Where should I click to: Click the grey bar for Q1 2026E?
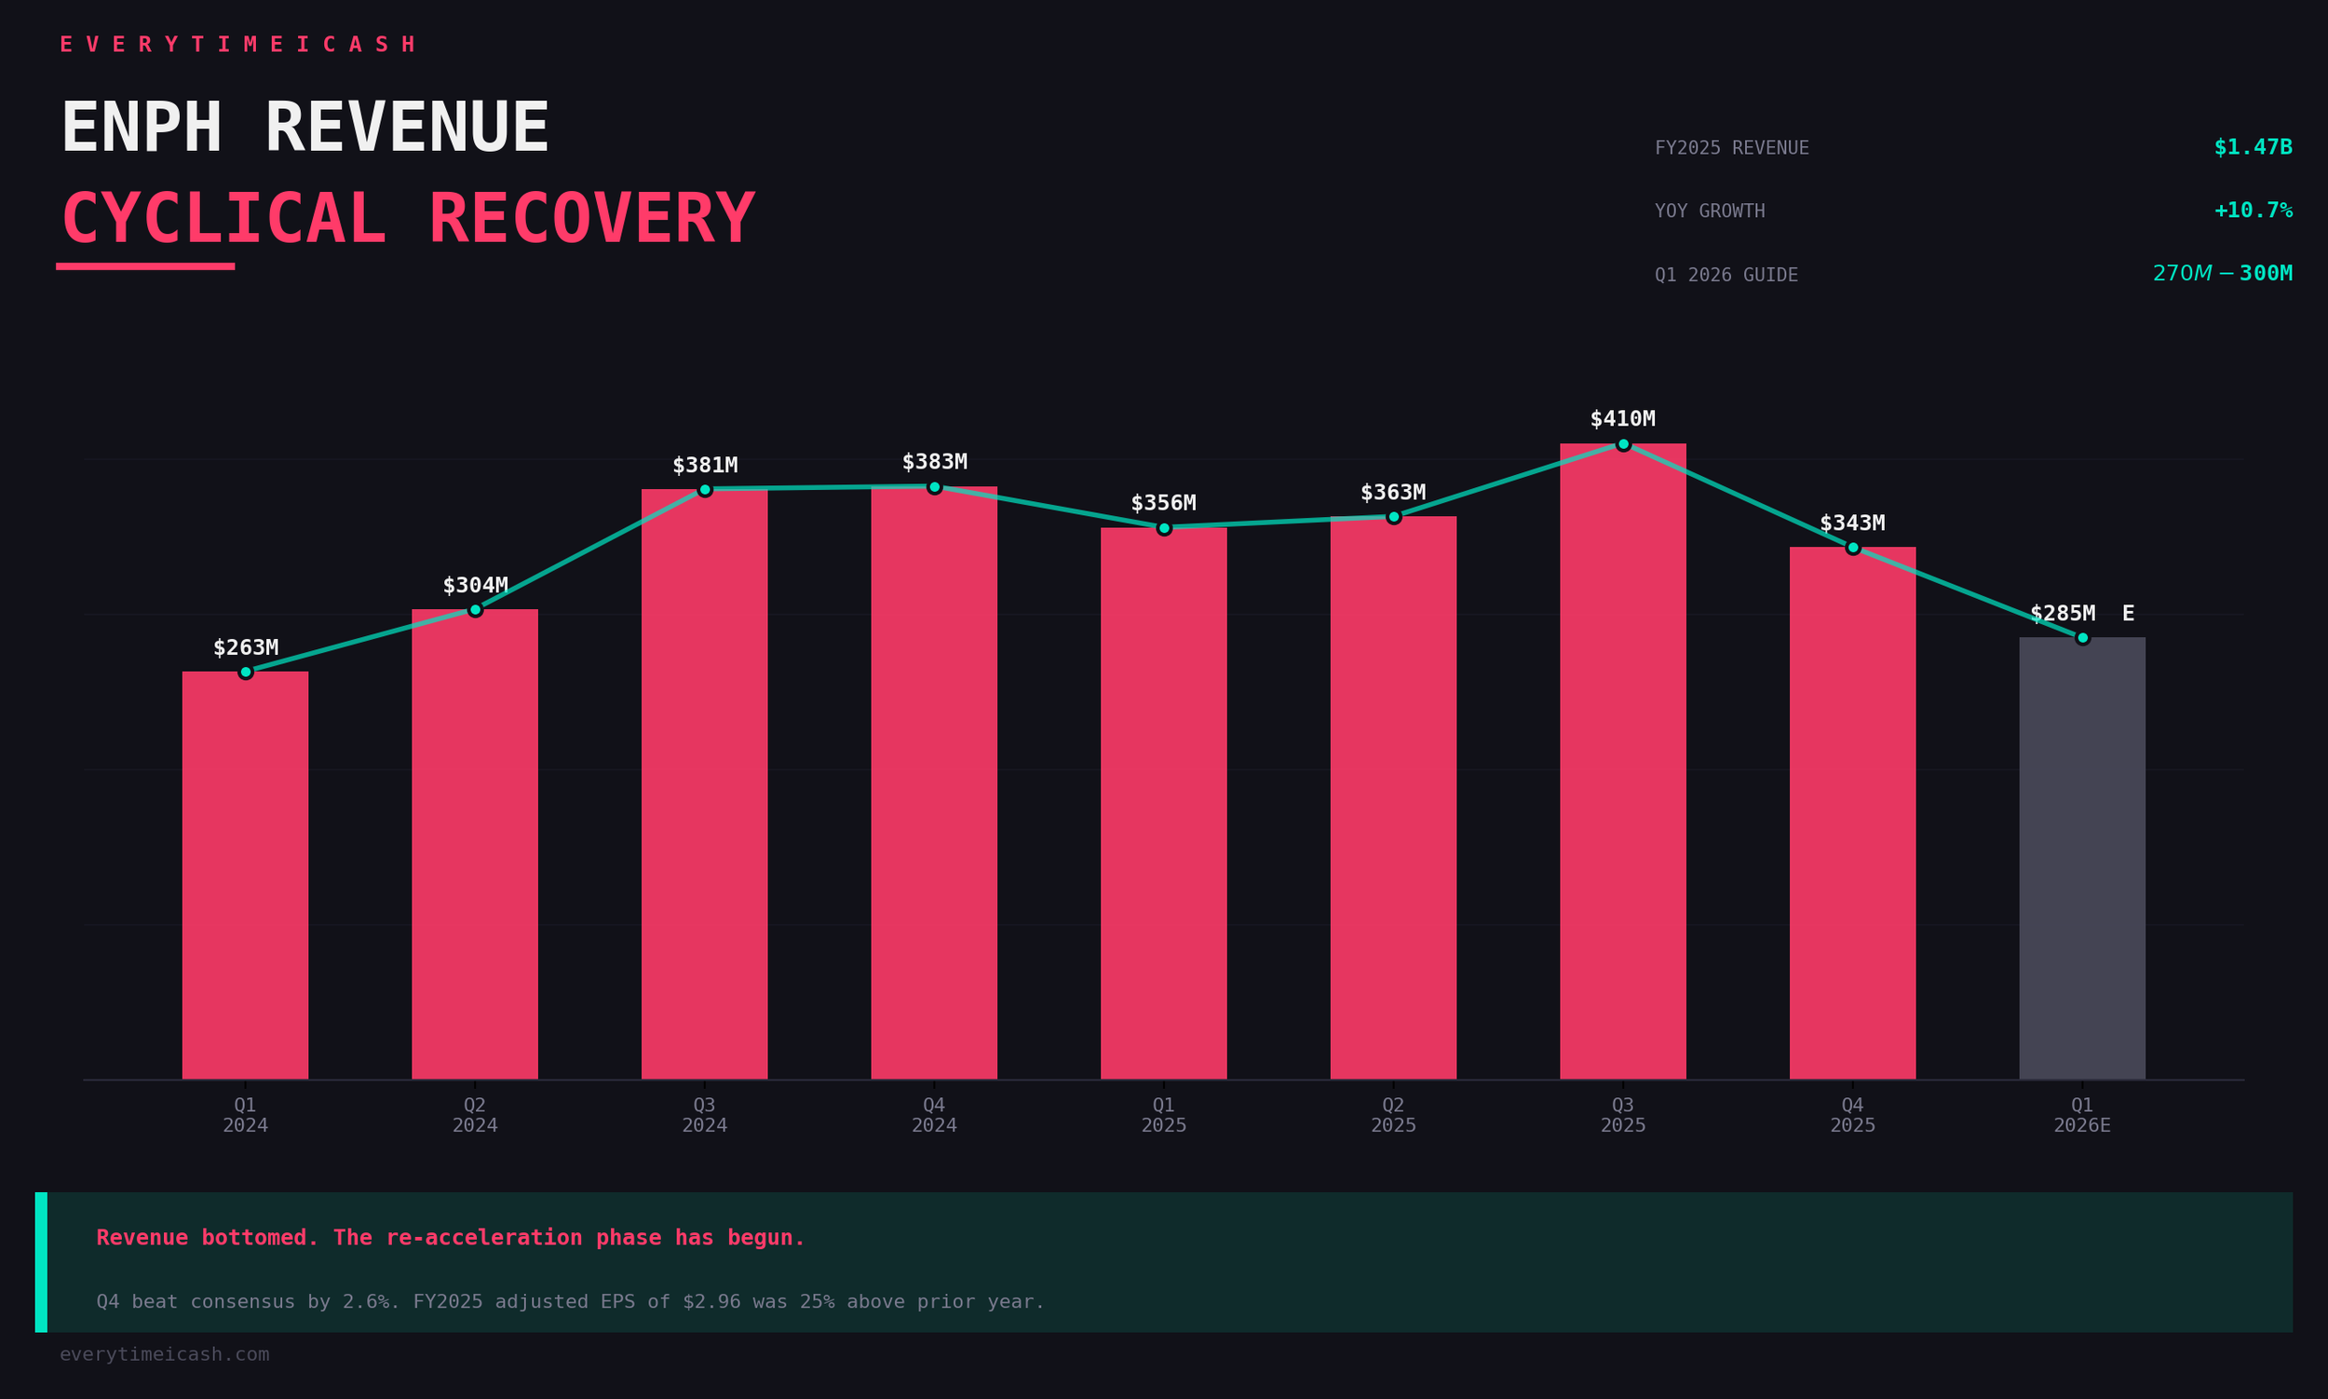[2082, 858]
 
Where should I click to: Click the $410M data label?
[1622, 418]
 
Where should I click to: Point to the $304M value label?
[475, 586]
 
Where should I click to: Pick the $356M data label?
[1163, 502]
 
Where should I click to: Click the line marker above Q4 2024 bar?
[934, 486]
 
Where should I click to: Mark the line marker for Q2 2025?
[1393, 517]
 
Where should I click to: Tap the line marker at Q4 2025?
[1852, 548]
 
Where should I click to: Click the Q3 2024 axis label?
[704, 1115]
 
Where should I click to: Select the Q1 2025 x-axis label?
[1163, 1115]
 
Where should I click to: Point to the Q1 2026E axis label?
[2082, 1115]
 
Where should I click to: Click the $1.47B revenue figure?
[2253, 147]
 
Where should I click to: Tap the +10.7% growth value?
[2253, 211]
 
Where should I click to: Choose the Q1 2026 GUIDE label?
[1726, 276]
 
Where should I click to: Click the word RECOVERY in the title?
[592, 219]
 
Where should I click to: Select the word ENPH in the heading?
[142, 129]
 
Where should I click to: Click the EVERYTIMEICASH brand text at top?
[237, 45]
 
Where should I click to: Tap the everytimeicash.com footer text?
[164, 1354]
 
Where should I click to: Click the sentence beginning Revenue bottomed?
[451, 1238]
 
